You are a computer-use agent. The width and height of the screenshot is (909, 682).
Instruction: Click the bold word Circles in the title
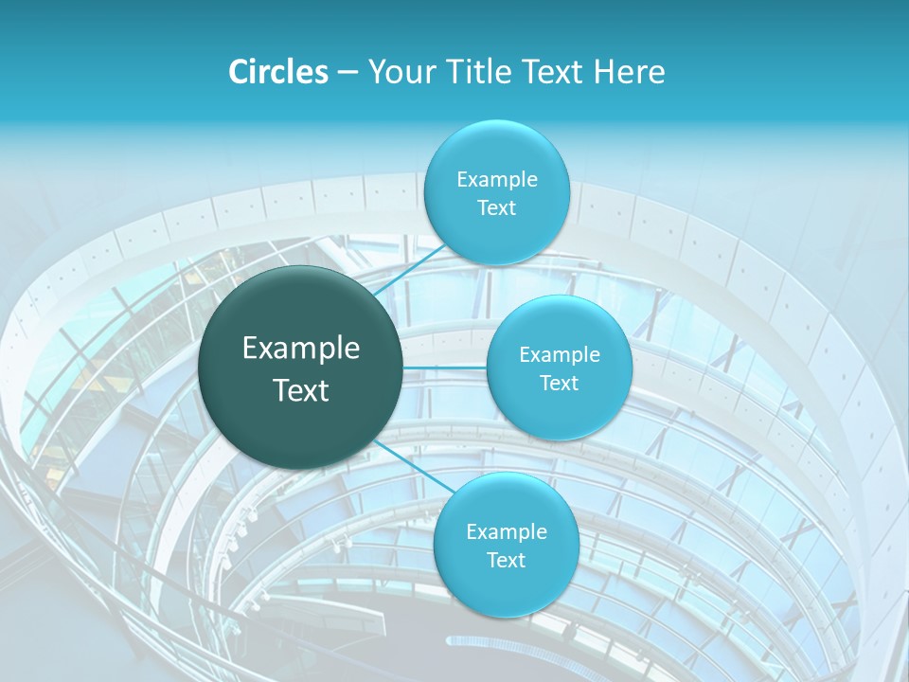click(278, 72)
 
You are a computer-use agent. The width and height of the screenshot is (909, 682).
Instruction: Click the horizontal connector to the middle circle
click(445, 368)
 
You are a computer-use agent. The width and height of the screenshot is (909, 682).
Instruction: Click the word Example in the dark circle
click(301, 349)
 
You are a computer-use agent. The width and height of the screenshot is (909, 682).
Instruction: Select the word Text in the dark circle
click(301, 390)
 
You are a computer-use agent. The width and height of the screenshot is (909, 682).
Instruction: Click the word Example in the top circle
click(496, 180)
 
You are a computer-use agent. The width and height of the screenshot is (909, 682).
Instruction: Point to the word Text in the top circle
click(496, 208)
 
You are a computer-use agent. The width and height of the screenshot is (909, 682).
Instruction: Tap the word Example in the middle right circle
click(560, 355)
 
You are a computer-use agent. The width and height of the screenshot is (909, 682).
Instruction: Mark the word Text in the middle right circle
click(560, 384)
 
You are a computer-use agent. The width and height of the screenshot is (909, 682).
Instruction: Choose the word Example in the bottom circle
click(506, 532)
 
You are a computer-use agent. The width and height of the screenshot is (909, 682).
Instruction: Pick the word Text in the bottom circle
click(506, 561)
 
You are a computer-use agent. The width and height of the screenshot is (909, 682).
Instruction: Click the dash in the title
click(347, 72)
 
